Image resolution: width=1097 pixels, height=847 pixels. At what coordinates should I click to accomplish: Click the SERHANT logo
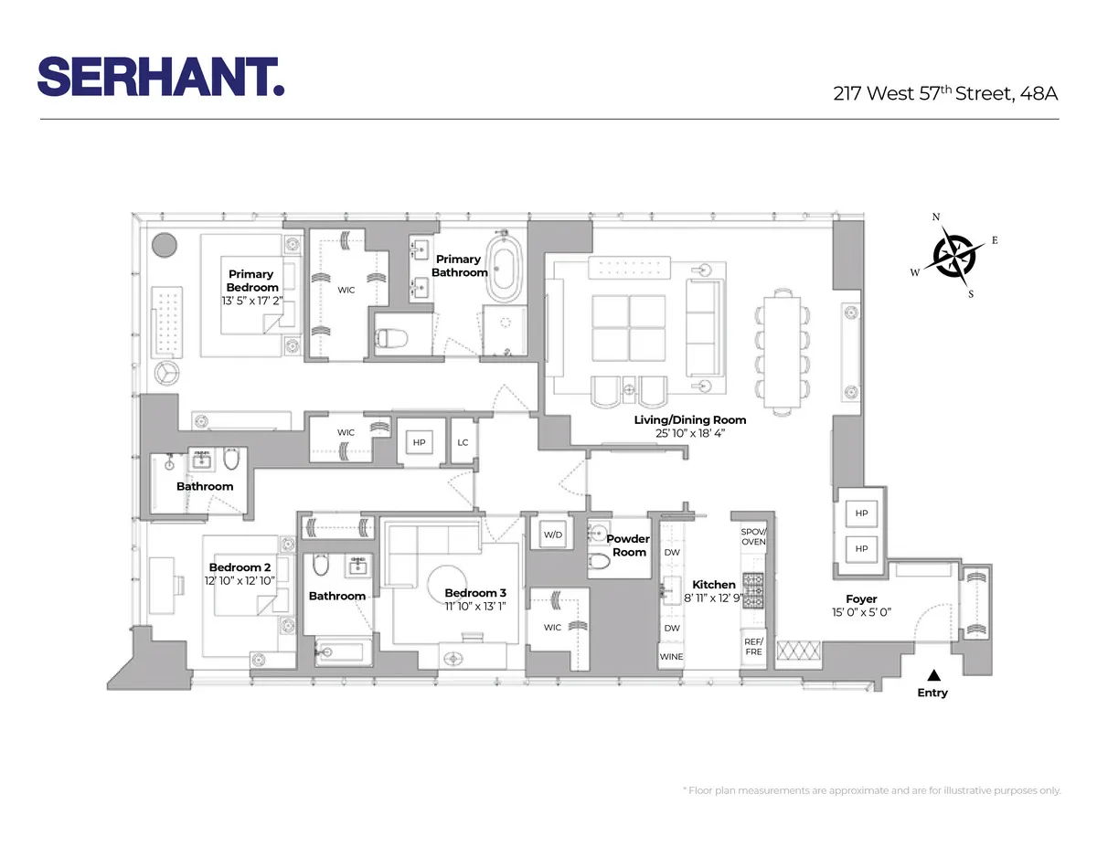coord(161,76)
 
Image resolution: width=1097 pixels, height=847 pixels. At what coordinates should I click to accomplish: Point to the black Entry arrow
coord(932,675)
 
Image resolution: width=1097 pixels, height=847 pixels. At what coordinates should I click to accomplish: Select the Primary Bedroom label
coord(250,281)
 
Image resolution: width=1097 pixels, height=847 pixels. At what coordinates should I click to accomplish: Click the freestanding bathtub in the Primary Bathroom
coord(501,270)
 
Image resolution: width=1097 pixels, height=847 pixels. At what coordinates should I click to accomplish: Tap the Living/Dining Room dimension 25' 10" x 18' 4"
coord(690,433)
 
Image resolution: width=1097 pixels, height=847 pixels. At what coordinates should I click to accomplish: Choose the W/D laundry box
coord(552,535)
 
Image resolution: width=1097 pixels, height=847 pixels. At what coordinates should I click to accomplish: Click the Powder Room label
coord(628,545)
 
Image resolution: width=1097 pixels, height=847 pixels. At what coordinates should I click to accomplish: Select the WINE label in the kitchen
coord(671,656)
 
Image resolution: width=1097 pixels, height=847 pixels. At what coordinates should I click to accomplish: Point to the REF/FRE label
coord(753,647)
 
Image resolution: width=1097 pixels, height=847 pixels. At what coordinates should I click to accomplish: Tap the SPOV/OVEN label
coord(753,537)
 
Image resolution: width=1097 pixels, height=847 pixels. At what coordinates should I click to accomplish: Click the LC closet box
coord(463,442)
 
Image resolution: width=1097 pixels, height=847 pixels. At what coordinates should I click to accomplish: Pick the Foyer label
coord(861,599)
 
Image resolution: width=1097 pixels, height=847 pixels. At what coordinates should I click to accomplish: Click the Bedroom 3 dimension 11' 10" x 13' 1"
coord(474,605)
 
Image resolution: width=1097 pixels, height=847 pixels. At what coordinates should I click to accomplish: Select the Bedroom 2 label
coord(240,567)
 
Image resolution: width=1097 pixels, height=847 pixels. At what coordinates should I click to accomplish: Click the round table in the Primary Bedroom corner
coord(164,245)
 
